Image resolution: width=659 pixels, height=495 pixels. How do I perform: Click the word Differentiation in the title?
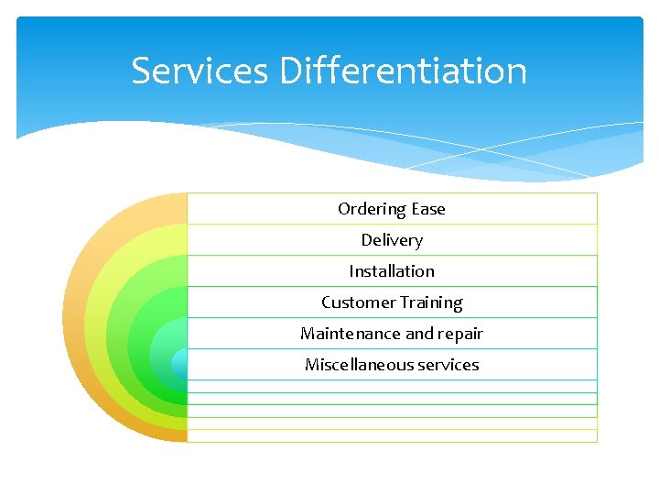pos(404,71)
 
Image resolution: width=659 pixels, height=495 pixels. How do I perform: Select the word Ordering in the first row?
pos(372,209)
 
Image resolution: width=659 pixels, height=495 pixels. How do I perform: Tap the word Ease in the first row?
pos(428,209)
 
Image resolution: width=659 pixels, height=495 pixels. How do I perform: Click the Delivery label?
pos(392,240)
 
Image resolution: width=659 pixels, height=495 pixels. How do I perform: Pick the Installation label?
pos(392,271)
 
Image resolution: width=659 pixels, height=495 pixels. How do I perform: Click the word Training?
pos(429,302)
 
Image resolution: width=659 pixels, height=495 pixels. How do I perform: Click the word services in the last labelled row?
pos(448,365)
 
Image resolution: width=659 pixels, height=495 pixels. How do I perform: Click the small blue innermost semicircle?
pos(180,364)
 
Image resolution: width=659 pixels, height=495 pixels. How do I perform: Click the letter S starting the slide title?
pos(141,71)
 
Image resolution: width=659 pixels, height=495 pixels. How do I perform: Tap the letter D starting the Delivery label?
pos(366,240)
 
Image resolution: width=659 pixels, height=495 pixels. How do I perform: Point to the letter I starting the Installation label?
pos(351,271)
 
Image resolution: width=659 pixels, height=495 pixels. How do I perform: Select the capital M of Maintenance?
pos(308,334)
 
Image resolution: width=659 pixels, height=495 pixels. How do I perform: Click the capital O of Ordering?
pos(344,209)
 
